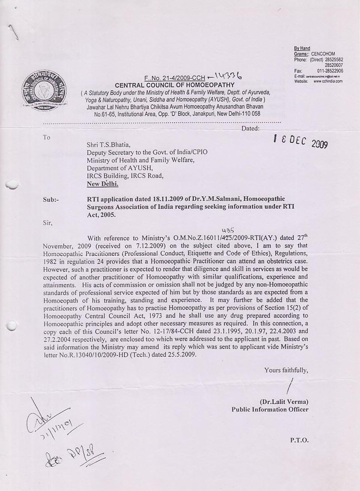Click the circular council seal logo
[43, 91]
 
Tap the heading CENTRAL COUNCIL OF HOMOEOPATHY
[175, 85]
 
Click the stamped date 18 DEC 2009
[301, 141]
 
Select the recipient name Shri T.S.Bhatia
[109, 144]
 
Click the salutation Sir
[48, 223]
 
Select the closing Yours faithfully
[286, 370]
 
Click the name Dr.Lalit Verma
[284, 402]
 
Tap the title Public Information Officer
[270, 409]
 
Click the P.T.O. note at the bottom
[299, 440]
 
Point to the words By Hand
[302, 48]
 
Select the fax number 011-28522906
[330, 70]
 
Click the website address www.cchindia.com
[328, 81]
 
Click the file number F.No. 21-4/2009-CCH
[175, 78]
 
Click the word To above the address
[46, 138]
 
